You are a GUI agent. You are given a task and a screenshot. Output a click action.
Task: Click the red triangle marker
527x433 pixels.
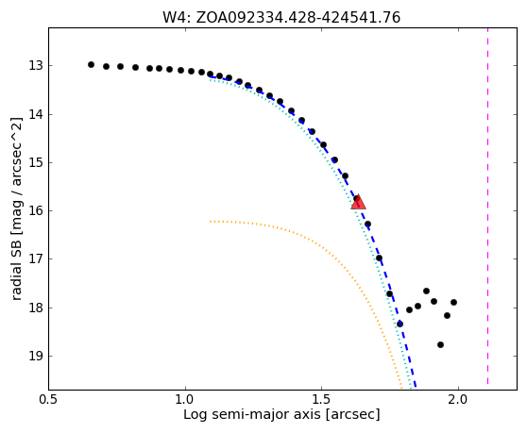(358, 202)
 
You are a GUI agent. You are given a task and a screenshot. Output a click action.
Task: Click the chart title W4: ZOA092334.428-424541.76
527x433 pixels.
(281, 18)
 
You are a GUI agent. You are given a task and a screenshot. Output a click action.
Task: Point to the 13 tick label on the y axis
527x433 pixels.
(36, 66)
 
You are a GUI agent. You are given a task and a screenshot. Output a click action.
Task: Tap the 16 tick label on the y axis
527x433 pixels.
(36, 211)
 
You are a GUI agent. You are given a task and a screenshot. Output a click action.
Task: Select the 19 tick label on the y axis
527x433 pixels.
(36, 357)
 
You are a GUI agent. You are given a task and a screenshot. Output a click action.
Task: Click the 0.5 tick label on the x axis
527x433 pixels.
(49, 400)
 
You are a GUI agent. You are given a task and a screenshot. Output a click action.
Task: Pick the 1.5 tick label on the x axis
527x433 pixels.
(322, 400)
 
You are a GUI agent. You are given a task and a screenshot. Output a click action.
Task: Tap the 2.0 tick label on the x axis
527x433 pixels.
(458, 400)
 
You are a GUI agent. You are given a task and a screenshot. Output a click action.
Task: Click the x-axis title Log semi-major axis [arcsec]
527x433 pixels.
(281, 414)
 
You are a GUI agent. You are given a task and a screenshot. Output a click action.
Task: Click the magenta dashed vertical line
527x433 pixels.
(487, 207)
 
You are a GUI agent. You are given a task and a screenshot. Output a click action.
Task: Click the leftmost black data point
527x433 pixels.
(91, 65)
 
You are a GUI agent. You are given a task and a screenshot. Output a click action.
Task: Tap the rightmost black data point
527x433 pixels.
(453, 303)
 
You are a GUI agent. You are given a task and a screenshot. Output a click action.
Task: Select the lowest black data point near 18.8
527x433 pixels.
(441, 344)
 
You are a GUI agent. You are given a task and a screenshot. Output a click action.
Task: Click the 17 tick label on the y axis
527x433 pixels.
(36, 259)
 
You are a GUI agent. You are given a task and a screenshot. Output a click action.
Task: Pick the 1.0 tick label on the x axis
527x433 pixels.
(185, 400)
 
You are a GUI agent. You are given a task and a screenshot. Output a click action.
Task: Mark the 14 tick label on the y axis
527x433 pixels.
(36, 114)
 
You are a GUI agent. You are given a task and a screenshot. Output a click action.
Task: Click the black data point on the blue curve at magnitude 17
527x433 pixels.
(379, 258)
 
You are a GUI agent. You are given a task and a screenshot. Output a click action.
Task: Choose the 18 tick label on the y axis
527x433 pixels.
(36, 308)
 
